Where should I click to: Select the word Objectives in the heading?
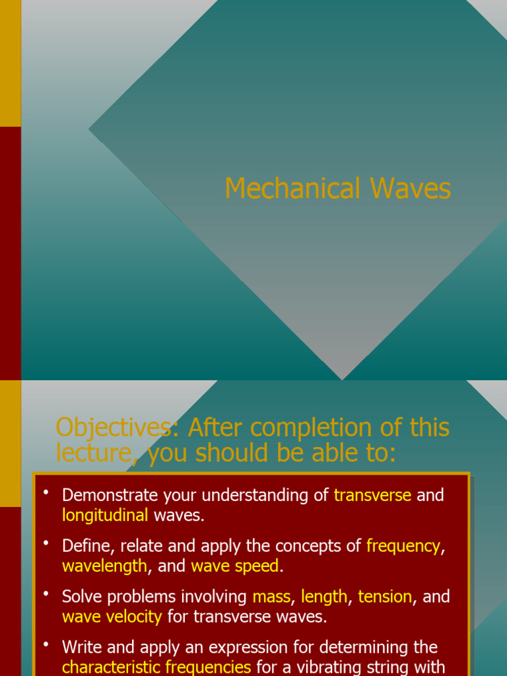[x=113, y=428]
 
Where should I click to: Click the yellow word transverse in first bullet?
[x=372, y=495]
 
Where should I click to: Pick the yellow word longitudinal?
[x=105, y=516]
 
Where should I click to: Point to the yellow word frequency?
[x=403, y=546]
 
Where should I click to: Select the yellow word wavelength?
[x=104, y=566]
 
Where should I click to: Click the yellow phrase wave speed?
[x=235, y=566]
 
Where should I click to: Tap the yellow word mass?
[x=271, y=597]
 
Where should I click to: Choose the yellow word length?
[x=324, y=597]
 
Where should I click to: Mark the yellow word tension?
[x=385, y=597]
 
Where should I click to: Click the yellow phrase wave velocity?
[x=112, y=617]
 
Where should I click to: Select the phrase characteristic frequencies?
[x=156, y=667]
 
